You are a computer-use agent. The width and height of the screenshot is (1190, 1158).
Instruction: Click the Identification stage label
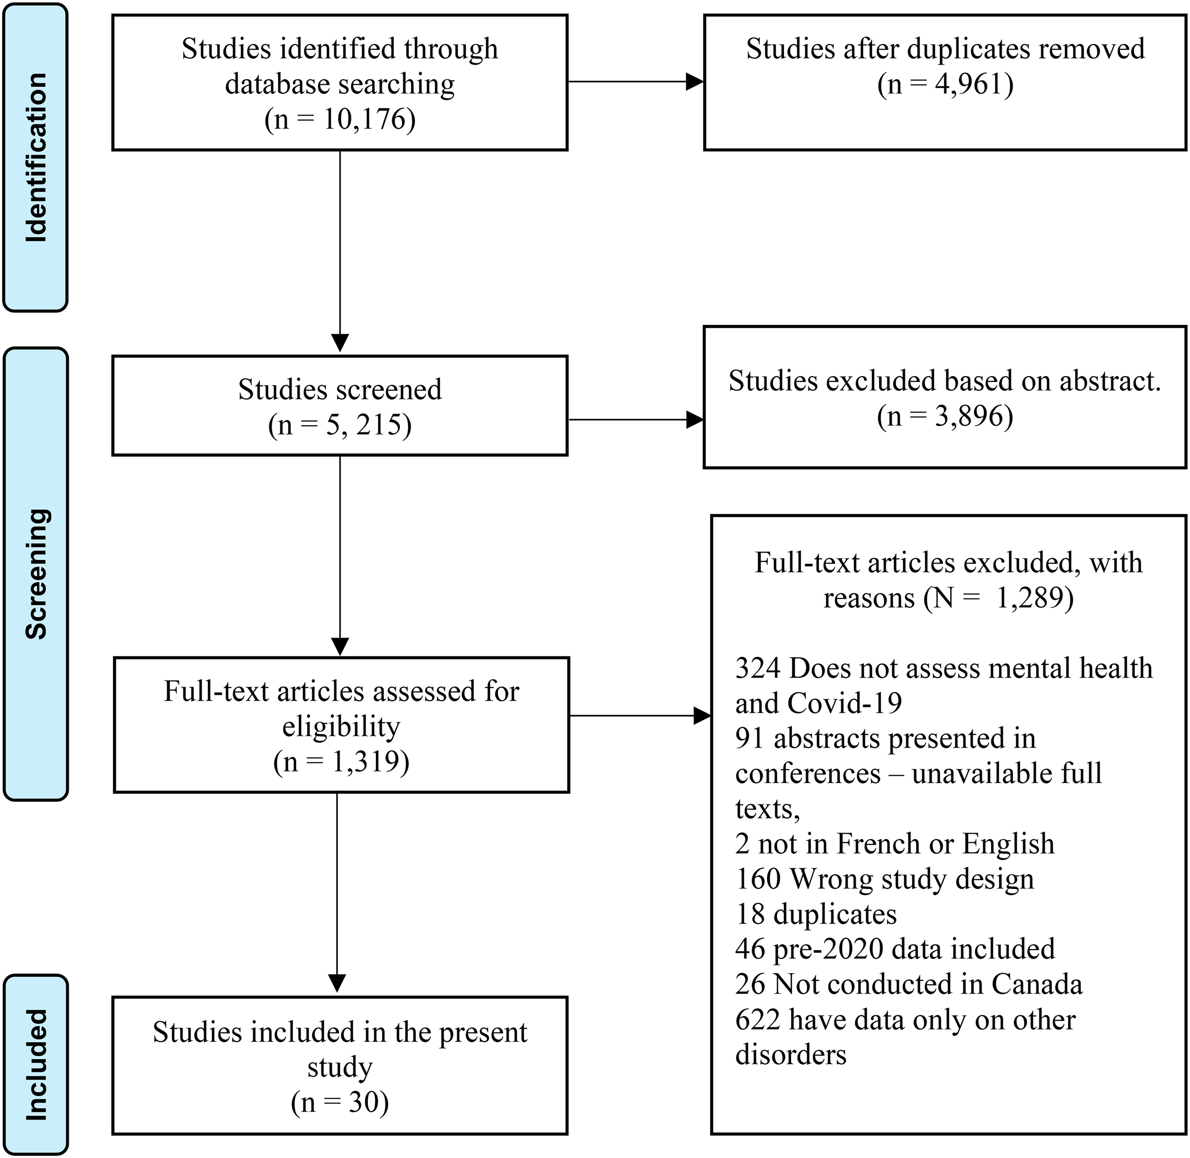click(36, 157)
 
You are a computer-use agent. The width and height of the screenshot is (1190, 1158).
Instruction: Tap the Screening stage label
click(36, 574)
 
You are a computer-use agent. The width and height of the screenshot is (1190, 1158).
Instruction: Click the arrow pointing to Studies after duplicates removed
click(636, 82)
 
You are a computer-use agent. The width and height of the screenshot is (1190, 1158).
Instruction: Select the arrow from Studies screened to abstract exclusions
click(636, 420)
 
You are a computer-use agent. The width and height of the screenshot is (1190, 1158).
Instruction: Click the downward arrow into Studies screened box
click(340, 252)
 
